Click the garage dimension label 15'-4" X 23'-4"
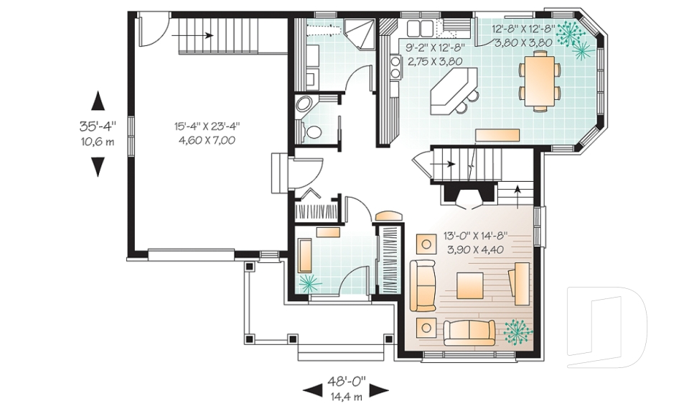pyautogui.click(x=207, y=127)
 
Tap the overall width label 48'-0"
pyautogui.click(x=346, y=380)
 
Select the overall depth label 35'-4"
pyautogui.click(x=98, y=127)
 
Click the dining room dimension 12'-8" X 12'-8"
pyautogui.click(x=522, y=30)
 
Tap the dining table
pyautogui.click(x=540, y=81)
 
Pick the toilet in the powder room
pyautogui.click(x=311, y=132)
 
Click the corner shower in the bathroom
pyautogui.click(x=358, y=35)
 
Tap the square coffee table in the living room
pyautogui.click(x=469, y=286)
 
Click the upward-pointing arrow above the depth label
pyautogui.click(x=98, y=101)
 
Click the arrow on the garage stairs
pyautogui.click(x=192, y=35)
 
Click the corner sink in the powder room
pyautogui.click(x=304, y=105)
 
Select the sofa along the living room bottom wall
pyautogui.click(x=469, y=333)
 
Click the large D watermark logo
pyautogui.click(x=606, y=326)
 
